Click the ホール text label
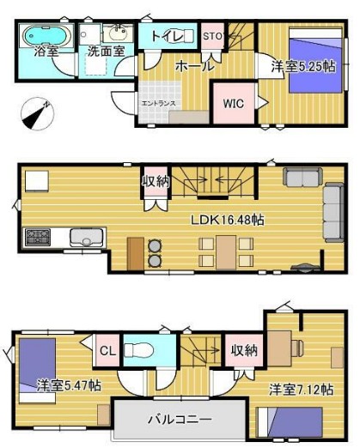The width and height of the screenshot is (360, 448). point(194,65)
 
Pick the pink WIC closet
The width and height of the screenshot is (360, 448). point(233,103)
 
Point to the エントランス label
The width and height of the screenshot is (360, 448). point(158,105)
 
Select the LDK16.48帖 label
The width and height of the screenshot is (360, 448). point(227,220)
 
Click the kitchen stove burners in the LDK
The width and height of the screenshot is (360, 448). point(39,236)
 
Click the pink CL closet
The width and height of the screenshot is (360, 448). point(107,351)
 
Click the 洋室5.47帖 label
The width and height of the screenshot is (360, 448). point(69,385)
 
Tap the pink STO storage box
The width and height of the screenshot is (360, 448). point(212,36)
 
